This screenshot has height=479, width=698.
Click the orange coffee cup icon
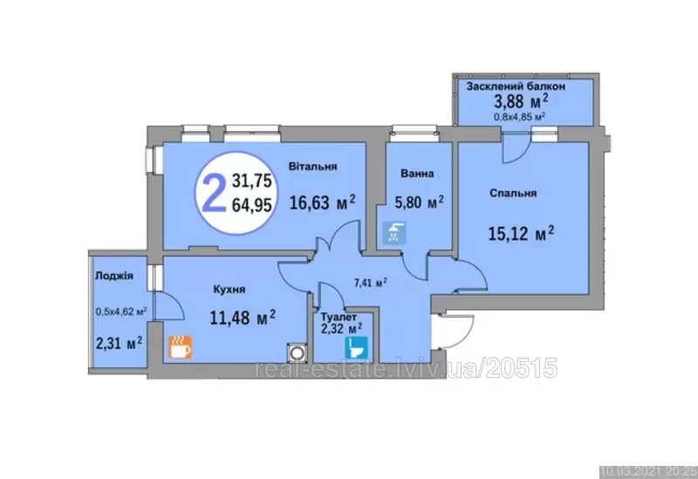[180, 347]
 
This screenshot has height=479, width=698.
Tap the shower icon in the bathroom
[395, 233]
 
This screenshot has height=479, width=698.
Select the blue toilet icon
[356, 347]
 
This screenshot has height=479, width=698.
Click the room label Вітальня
[312, 167]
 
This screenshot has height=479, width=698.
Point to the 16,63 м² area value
[323, 202]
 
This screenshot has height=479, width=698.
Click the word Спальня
[513, 193]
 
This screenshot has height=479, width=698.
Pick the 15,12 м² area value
[521, 233]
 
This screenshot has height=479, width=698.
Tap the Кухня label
[229, 290]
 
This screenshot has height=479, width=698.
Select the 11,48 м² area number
[243, 318]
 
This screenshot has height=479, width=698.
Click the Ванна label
[417, 173]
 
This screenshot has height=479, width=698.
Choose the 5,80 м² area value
[420, 202]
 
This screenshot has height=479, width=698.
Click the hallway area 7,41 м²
[370, 282]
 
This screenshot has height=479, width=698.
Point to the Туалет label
[339, 318]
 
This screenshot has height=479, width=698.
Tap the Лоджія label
[114, 276]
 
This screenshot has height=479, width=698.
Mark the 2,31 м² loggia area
[120, 343]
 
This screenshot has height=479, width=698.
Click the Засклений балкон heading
[516, 86]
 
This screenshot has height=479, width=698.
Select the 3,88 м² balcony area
[521, 101]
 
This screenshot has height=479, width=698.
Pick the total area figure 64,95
[251, 205]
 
